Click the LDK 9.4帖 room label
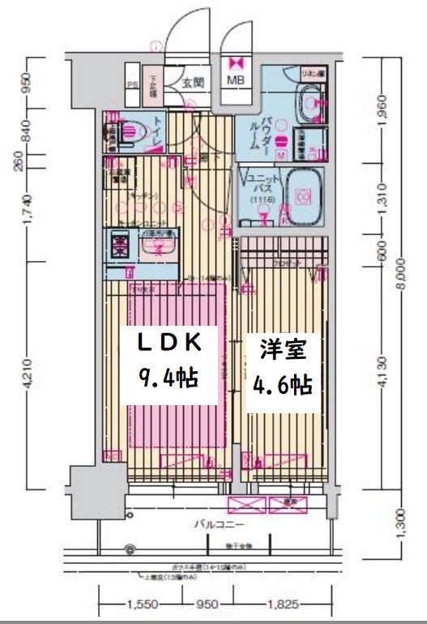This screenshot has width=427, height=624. coord(169,358)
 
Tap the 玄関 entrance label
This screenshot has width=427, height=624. coord(191,82)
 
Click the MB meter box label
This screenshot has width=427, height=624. coord(236,80)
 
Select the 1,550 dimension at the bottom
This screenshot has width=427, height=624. coord(141,604)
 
